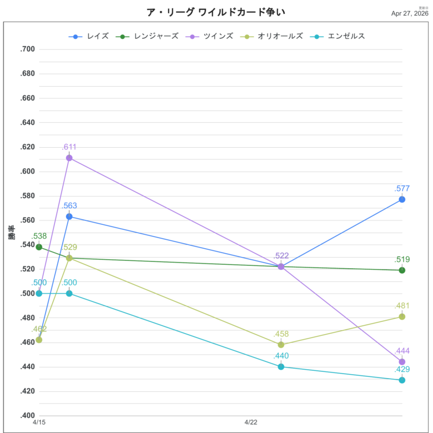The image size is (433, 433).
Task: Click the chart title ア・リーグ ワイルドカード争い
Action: [216, 12]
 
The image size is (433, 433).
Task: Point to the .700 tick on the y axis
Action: [27, 49]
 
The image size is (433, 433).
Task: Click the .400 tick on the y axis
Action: [27, 416]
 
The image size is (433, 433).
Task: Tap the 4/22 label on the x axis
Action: [251, 423]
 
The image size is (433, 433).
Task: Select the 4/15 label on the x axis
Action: [39, 423]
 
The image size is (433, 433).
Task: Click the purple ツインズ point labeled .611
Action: [69, 158]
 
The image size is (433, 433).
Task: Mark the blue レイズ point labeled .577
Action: [402, 199]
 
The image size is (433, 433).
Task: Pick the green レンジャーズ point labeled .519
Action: [402, 270]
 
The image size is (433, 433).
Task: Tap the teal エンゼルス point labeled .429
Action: [402, 380]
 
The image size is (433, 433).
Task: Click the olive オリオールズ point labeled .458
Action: [281, 345]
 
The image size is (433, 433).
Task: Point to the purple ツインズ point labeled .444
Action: [402, 362]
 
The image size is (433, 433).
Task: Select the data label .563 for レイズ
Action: [69, 205]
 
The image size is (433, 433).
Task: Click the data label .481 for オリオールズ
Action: [402, 306]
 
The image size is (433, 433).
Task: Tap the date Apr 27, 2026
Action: [410, 13]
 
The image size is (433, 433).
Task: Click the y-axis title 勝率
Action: [12, 233]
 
